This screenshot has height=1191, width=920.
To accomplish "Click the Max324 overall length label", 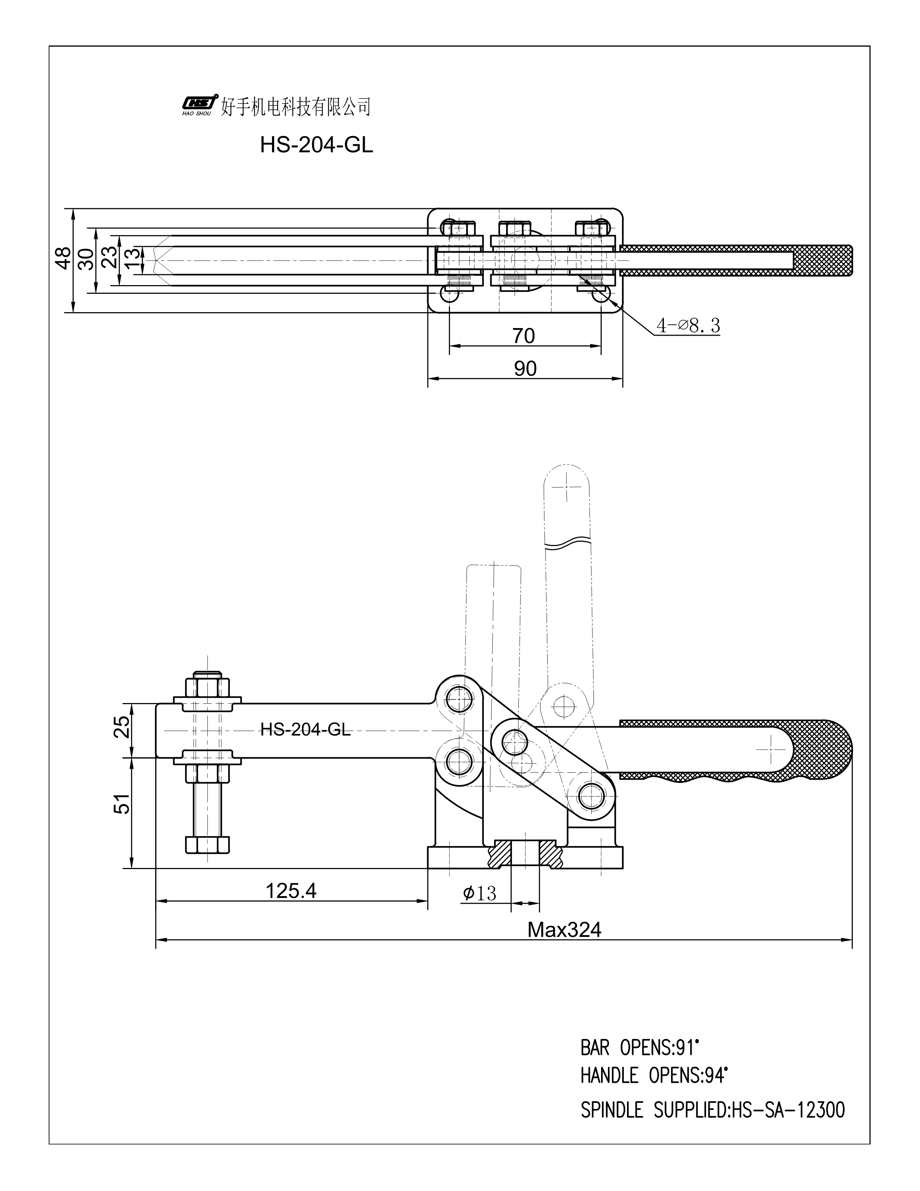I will [564, 929].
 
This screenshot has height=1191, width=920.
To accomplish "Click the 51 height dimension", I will [123, 803].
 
